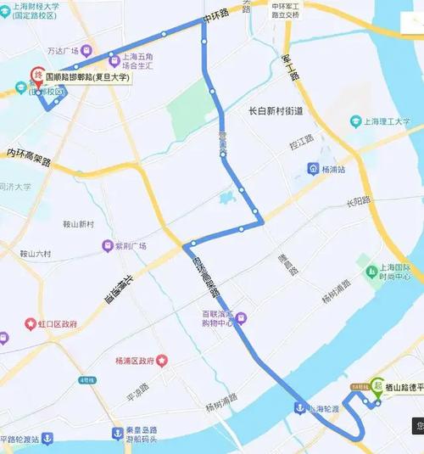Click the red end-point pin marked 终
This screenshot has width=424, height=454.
[x=37, y=76]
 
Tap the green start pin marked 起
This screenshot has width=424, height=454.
[x=376, y=385]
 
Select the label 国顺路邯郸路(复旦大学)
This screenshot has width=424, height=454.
[x=87, y=76]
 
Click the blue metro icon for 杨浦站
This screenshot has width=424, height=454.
[x=313, y=169]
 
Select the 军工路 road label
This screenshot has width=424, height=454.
[x=289, y=65]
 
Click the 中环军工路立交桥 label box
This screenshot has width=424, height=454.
[x=285, y=9]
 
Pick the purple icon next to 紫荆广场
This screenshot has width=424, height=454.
[x=107, y=246]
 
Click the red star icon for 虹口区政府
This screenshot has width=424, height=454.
[x=31, y=324]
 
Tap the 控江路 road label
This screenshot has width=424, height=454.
[x=301, y=143]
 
